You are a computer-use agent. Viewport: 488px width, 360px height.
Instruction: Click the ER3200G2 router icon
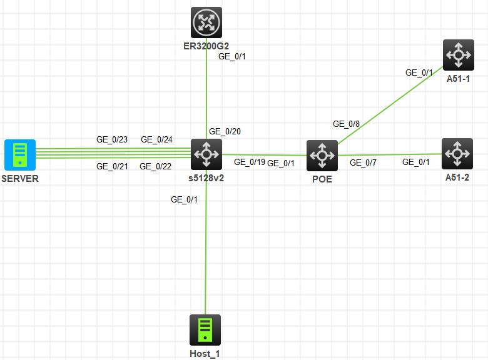coord(206,22)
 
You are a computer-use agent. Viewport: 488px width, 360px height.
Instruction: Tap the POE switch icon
coord(322,155)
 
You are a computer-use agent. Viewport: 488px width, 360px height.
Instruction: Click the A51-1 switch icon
coord(458,55)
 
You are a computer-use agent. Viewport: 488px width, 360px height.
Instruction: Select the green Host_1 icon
coord(205,329)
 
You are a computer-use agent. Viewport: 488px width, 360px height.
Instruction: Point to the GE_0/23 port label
coord(112,139)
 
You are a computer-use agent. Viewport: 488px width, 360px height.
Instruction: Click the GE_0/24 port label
coord(156,139)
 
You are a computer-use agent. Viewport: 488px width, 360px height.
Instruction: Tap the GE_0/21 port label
coord(112,166)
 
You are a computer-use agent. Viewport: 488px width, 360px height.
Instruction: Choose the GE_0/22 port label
coord(155,166)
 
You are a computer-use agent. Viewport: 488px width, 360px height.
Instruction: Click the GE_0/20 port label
coord(225,131)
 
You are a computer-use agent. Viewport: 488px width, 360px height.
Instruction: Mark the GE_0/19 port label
coord(249,162)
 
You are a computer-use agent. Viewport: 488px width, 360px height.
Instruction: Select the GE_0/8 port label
coord(346,124)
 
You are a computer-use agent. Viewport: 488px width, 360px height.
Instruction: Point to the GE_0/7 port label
coord(363,163)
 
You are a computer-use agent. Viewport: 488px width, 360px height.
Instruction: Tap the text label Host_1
coord(205,353)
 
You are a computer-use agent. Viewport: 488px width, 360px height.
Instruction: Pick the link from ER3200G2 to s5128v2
coord(206,94)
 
